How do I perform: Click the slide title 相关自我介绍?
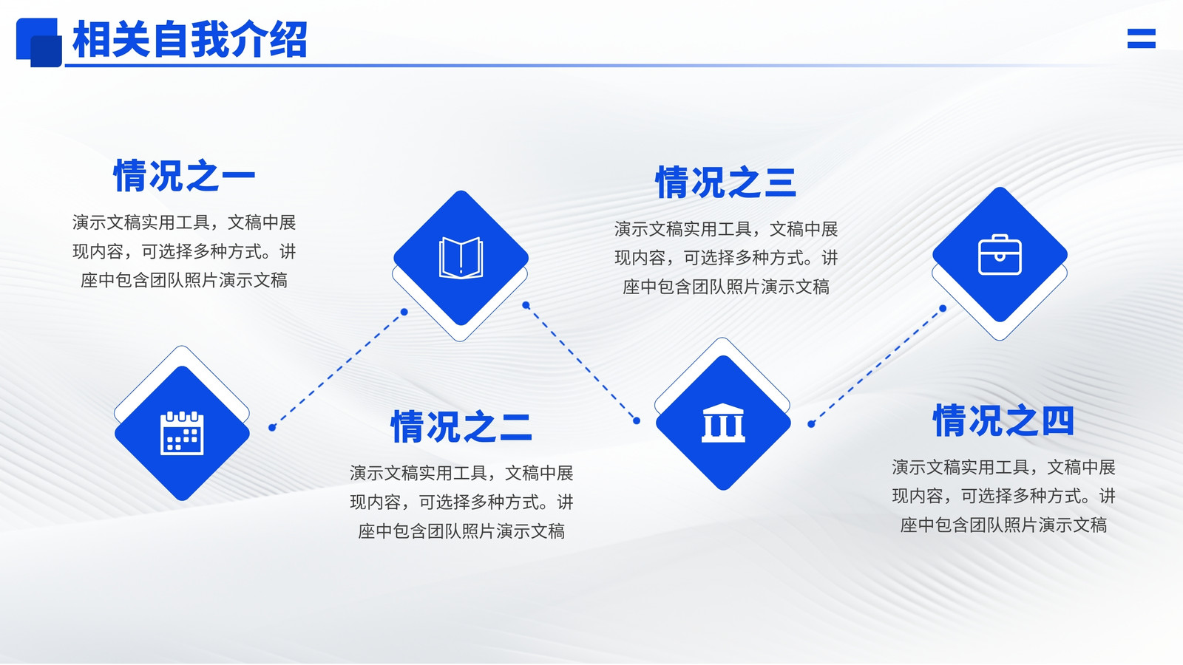[190, 39]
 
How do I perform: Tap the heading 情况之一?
[184, 176]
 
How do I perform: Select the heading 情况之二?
[461, 426]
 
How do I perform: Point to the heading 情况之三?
[726, 182]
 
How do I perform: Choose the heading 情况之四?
[1003, 420]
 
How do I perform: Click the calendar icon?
[182, 433]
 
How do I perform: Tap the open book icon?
[461, 258]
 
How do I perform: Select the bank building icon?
[723, 423]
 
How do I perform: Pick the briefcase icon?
[1000, 254]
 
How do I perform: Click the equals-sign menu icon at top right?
[1142, 38]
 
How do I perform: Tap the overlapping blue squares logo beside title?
[39, 42]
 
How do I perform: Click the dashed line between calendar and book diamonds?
[338, 369]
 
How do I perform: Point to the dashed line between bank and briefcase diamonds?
[877, 366]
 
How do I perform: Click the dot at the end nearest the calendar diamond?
[272, 428]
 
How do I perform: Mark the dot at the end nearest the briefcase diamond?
[943, 308]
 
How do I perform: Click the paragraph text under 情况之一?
[184, 251]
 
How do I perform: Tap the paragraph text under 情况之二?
[461, 502]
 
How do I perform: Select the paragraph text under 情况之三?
[726, 258]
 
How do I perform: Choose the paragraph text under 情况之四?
[1003, 496]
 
